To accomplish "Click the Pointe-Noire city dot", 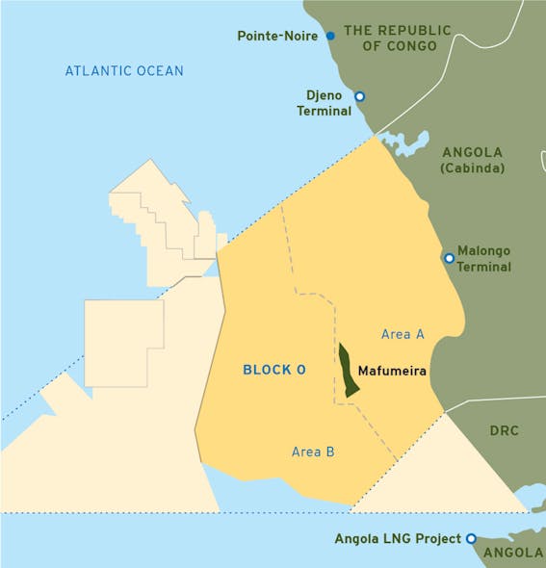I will [x=330, y=36].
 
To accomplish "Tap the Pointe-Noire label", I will [x=279, y=37].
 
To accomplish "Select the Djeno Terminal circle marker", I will [x=359, y=96].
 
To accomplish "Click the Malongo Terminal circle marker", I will [x=449, y=258].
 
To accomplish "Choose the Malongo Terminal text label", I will [x=483, y=258].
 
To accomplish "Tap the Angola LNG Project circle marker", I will [x=471, y=538].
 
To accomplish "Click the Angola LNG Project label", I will [x=398, y=538].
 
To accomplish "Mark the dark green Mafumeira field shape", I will [x=348, y=371].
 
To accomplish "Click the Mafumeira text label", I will [x=391, y=370].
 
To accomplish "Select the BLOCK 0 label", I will [x=274, y=370].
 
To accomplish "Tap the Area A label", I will [x=403, y=334].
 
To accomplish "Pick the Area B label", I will [x=313, y=451].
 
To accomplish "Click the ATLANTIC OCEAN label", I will [x=124, y=71].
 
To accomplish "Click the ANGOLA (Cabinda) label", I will [x=472, y=160].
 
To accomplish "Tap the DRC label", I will [x=504, y=430].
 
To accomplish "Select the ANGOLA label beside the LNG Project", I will [x=513, y=553].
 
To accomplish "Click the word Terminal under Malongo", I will [x=483, y=267].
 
